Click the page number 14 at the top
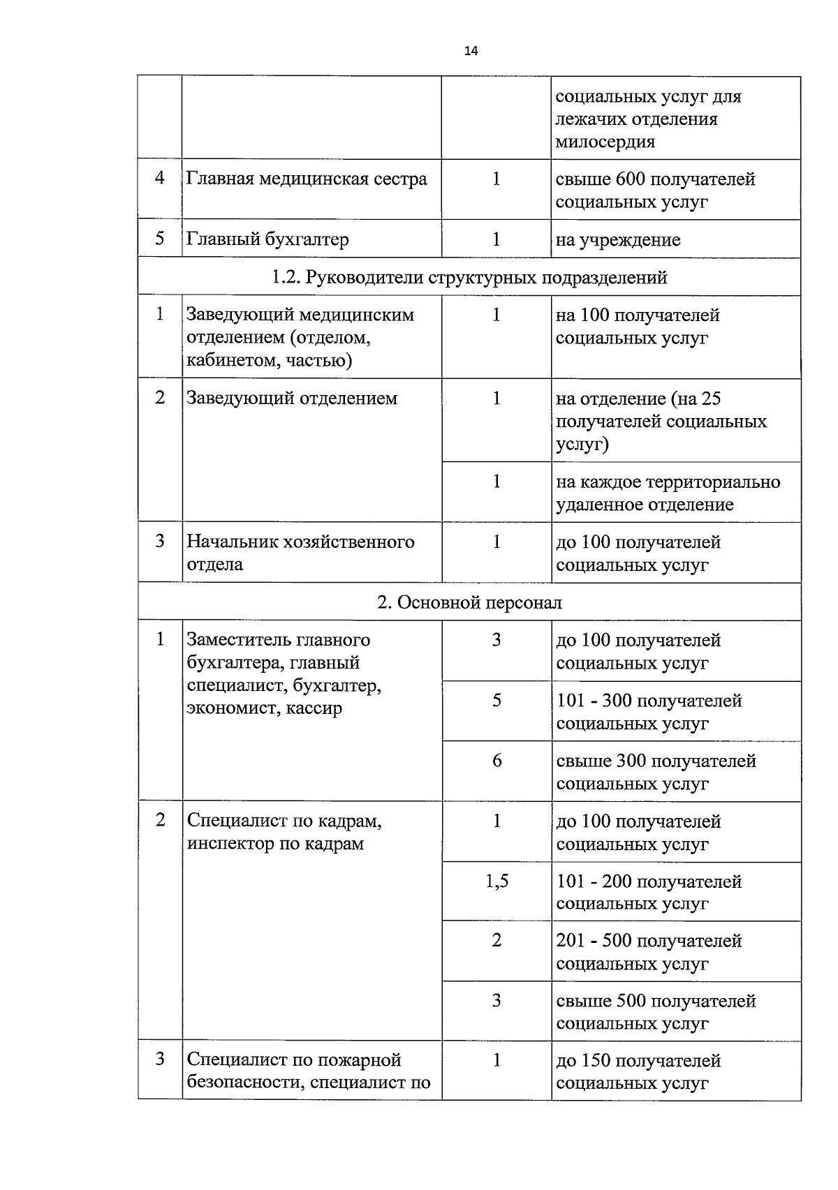click(471, 51)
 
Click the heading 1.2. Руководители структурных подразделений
click(469, 278)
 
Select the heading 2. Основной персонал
click(469, 603)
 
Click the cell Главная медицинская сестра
click(307, 179)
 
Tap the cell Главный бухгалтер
click(267, 239)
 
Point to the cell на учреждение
click(617, 241)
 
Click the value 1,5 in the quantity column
click(497, 882)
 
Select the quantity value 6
click(497, 761)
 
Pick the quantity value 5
click(497, 701)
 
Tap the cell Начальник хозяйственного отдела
click(300, 553)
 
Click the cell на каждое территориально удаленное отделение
click(668, 493)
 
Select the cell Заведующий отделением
click(292, 399)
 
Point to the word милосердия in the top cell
click(605, 142)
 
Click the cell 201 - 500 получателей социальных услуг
click(649, 952)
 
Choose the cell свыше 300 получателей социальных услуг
click(656, 772)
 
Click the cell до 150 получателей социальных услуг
click(638, 1072)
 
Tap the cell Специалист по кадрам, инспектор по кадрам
click(284, 832)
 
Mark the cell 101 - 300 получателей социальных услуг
click(649, 712)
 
